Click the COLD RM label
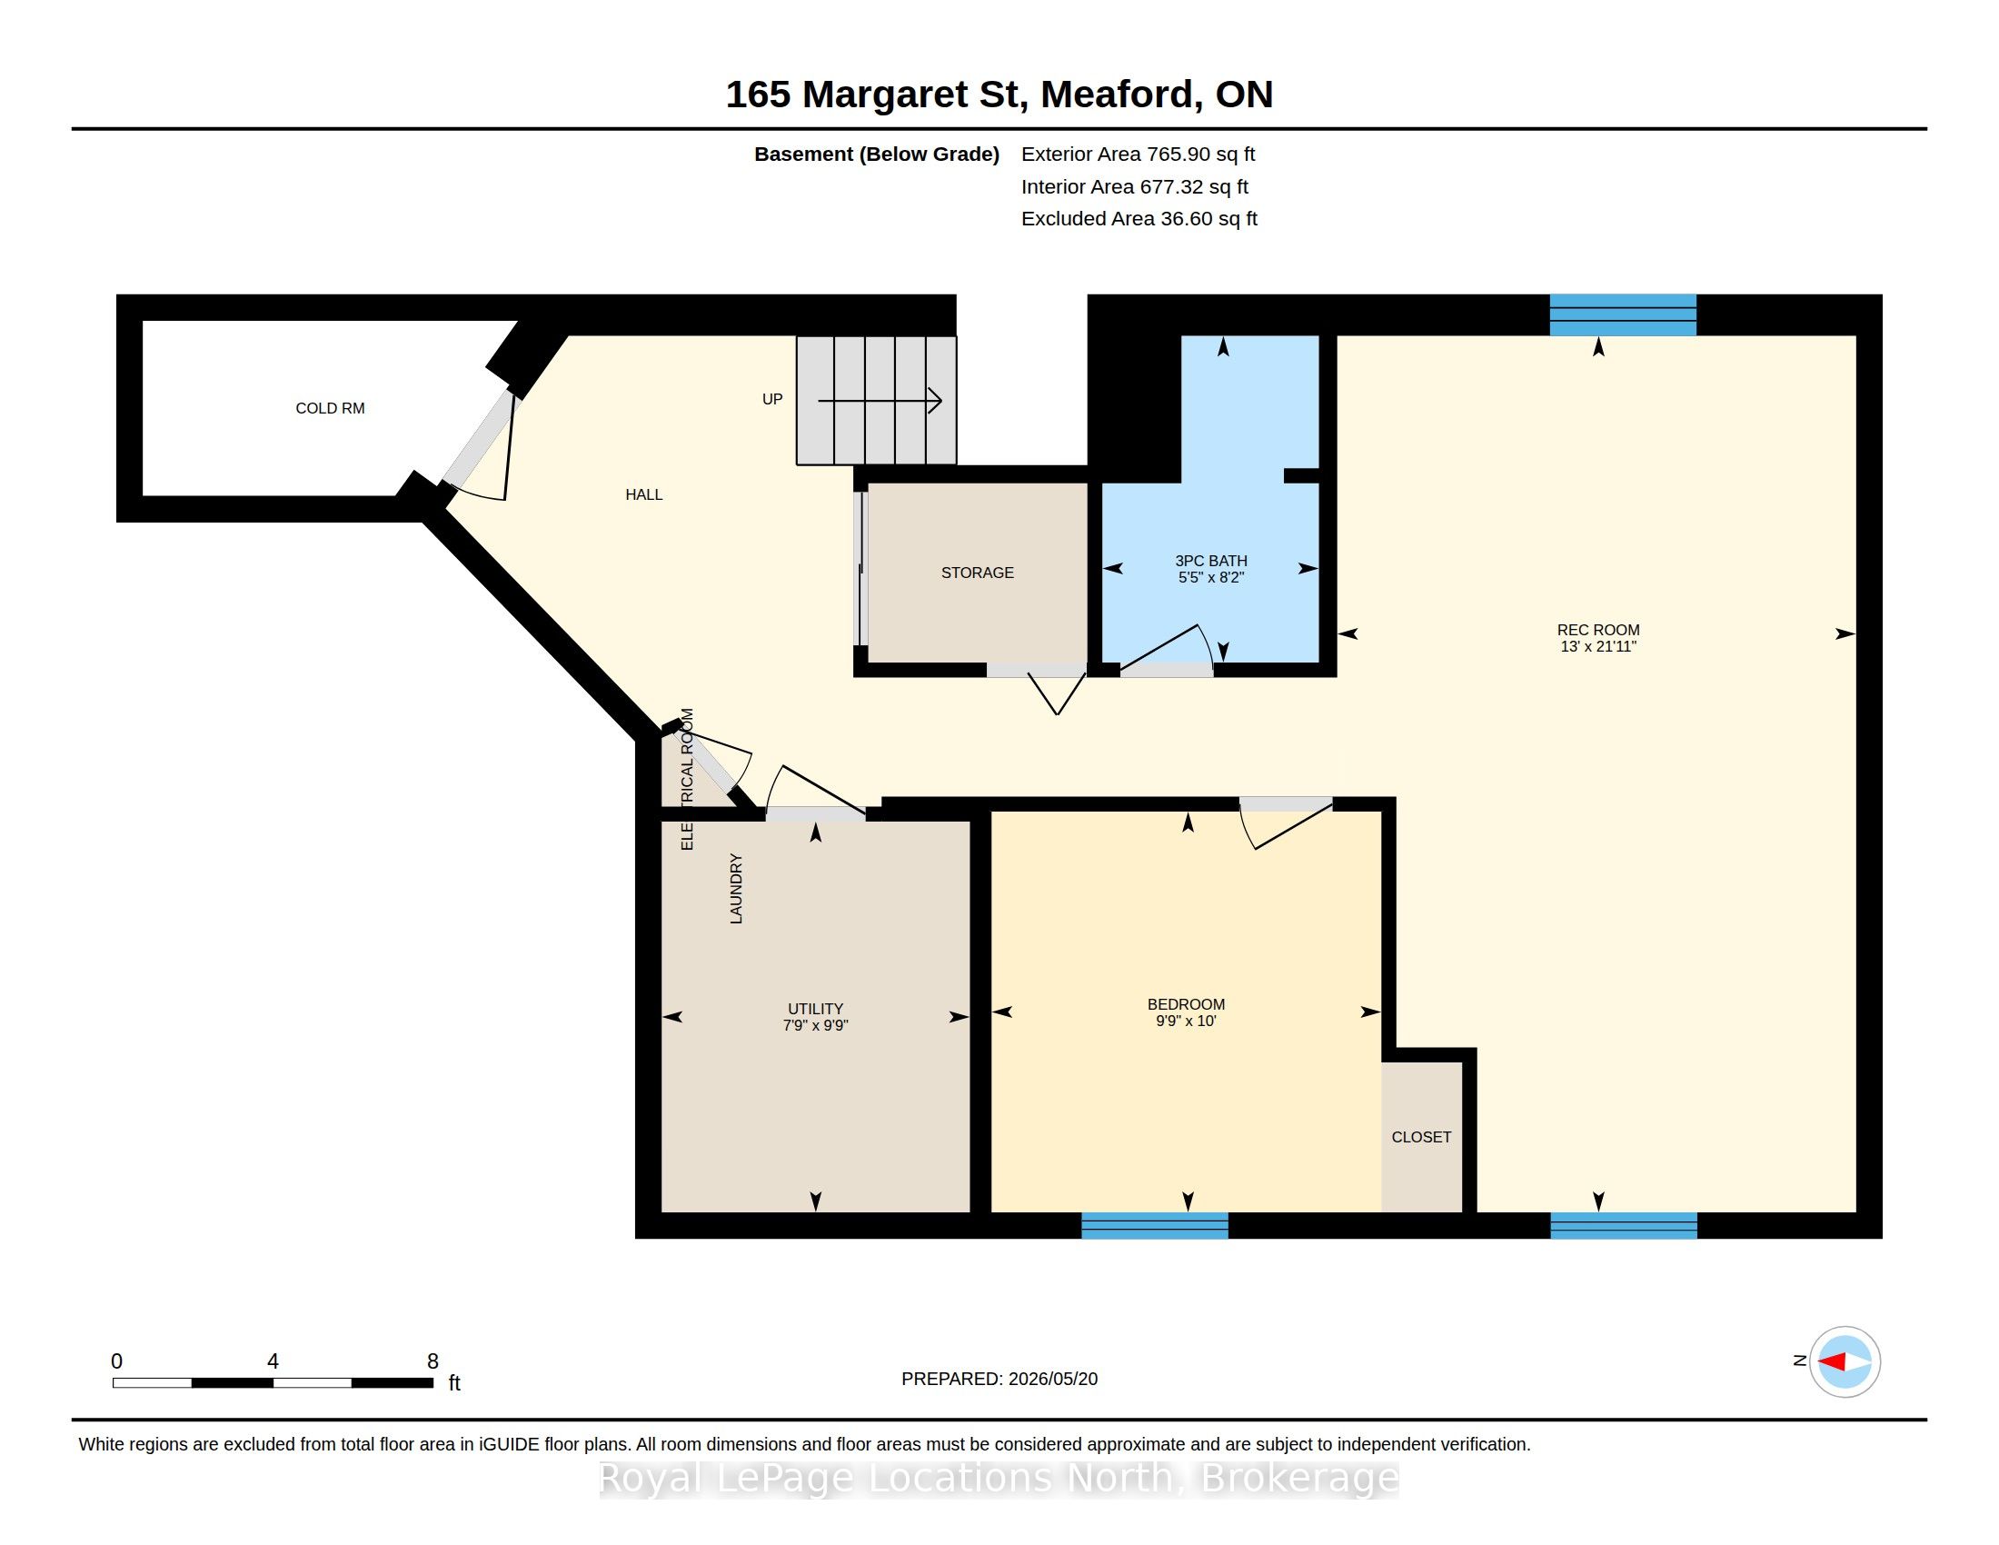[330, 408]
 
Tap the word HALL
[643, 494]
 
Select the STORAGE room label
[978, 573]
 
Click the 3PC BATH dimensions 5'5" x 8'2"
[1211, 577]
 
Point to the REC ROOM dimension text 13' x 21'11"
[1598, 646]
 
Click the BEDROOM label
[1186, 1004]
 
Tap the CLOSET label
[1421, 1137]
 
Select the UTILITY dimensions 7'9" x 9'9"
[816, 1026]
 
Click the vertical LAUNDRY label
[736, 889]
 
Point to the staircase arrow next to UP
[880, 400]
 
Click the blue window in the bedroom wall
[1155, 1226]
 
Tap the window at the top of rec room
[1623, 314]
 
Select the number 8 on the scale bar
[433, 1361]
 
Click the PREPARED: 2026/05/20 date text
[999, 1379]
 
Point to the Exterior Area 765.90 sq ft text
[1138, 154]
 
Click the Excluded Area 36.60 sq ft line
[1139, 219]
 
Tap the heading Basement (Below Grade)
[877, 154]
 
